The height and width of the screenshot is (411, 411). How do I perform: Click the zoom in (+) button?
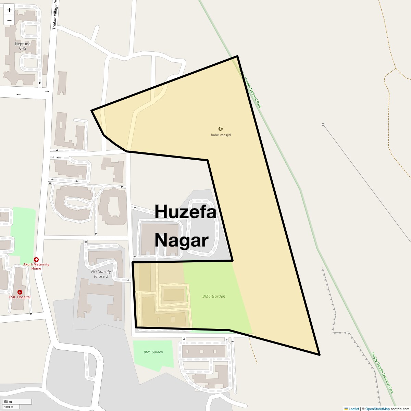pyautogui.click(x=9, y=10)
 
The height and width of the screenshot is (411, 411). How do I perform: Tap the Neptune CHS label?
pyautogui.click(x=23, y=46)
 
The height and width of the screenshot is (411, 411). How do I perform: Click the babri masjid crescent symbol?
pyautogui.click(x=221, y=129)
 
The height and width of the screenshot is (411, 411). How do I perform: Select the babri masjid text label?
pyautogui.click(x=221, y=135)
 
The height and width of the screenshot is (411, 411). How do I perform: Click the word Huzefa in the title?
pyautogui.click(x=185, y=211)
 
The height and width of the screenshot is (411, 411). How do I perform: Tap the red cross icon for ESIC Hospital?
pyautogui.click(x=20, y=292)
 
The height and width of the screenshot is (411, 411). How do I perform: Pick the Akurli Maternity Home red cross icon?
pyautogui.click(x=36, y=260)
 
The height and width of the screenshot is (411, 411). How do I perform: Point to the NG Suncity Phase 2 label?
pyautogui.click(x=101, y=274)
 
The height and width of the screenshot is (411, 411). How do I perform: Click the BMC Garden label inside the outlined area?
pyautogui.click(x=214, y=296)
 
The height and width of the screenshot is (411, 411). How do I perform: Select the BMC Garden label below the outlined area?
pyautogui.click(x=153, y=352)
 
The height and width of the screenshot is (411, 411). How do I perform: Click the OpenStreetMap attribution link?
pyautogui.click(x=377, y=409)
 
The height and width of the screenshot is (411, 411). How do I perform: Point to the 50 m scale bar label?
pyautogui.click(x=8, y=401)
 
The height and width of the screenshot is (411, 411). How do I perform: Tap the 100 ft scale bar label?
pyautogui.click(x=9, y=407)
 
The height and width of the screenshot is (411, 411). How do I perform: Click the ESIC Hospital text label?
pyautogui.click(x=20, y=297)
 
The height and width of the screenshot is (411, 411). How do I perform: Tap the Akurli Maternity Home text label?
pyautogui.click(x=36, y=266)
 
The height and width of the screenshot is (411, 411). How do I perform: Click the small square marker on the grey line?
pyautogui.click(x=323, y=125)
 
